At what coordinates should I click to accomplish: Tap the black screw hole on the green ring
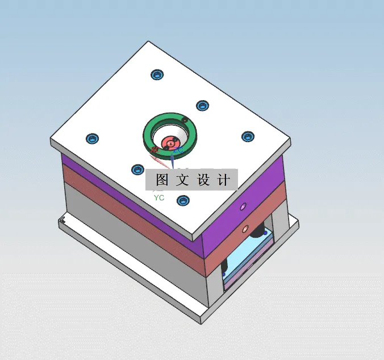click(185, 119)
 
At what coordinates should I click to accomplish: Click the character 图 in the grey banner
click(162, 180)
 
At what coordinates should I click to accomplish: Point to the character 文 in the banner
click(183, 180)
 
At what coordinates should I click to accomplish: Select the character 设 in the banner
click(204, 180)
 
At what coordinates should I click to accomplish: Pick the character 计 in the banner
click(224, 180)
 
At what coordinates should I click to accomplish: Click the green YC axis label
click(159, 197)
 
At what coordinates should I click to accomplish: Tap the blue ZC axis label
click(177, 150)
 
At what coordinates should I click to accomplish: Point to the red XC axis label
click(155, 150)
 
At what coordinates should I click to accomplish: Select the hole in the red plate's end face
click(245, 229)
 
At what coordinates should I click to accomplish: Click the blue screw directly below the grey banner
click(182, 200)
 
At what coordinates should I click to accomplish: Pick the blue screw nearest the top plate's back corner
click(156, 75)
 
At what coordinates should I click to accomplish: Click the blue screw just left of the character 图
click(137, 169)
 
